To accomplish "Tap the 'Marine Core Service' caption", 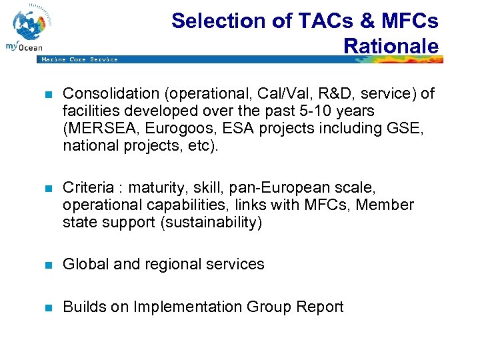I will click(x=79, y=60).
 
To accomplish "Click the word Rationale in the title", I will click(x=391, y=45).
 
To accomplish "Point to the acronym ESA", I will click(x=220, y=128).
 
